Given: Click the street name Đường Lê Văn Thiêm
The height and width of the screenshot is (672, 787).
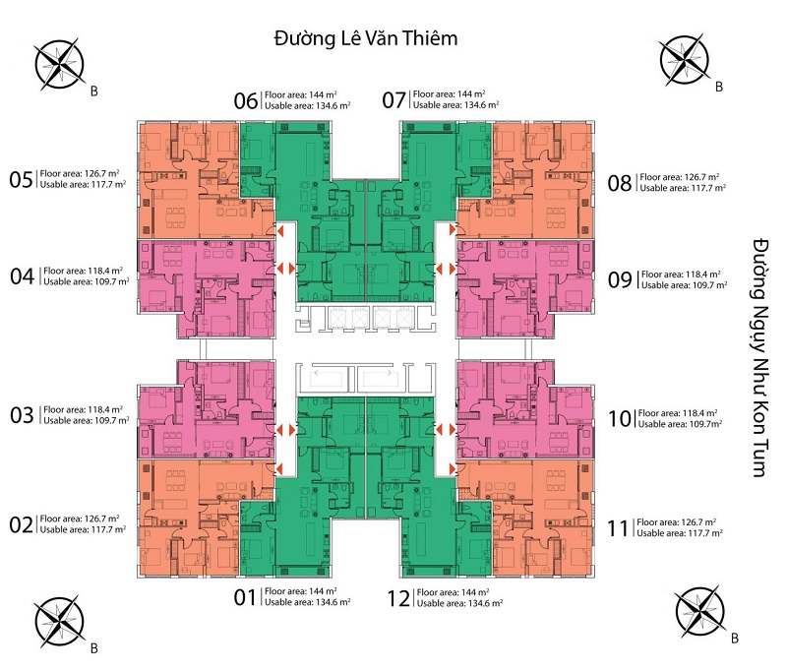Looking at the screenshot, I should pos(367,39).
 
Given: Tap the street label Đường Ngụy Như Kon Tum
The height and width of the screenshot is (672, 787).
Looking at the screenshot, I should pos(757,357).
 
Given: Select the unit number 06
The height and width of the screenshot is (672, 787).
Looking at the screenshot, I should pos(246,99).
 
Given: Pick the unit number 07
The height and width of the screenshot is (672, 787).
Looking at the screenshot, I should pos(394,99).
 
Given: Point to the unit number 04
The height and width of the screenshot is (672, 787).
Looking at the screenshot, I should pos(23,276).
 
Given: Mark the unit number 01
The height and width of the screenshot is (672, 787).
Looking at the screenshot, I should pos(245,596).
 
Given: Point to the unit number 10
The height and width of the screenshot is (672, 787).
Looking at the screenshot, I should pos(620,418).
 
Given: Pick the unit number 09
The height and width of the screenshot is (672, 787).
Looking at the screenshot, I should pos(620,279).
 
